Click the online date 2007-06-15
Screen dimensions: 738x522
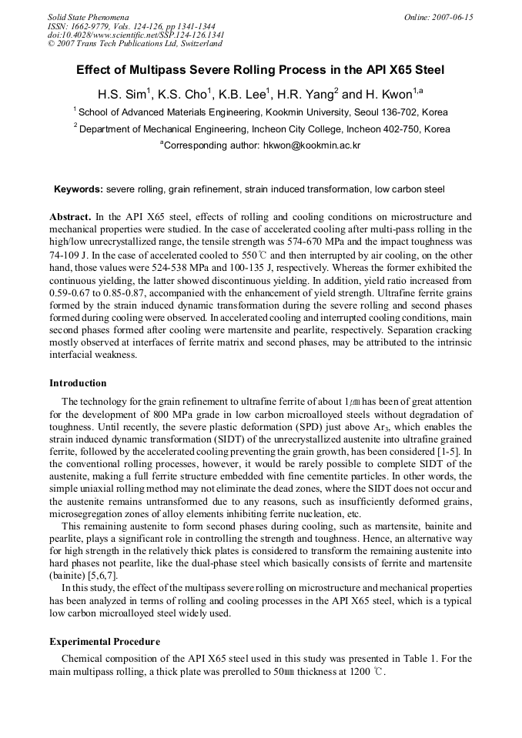tap(450, 17)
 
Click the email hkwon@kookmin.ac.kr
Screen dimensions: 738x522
tap(312, 145)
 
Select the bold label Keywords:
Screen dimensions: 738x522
tap(78, 189)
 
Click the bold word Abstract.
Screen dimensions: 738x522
tap(71, 218)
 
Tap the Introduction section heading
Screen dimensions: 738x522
tap(78, 382)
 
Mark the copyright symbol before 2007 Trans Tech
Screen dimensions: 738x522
tap(51, 44)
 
